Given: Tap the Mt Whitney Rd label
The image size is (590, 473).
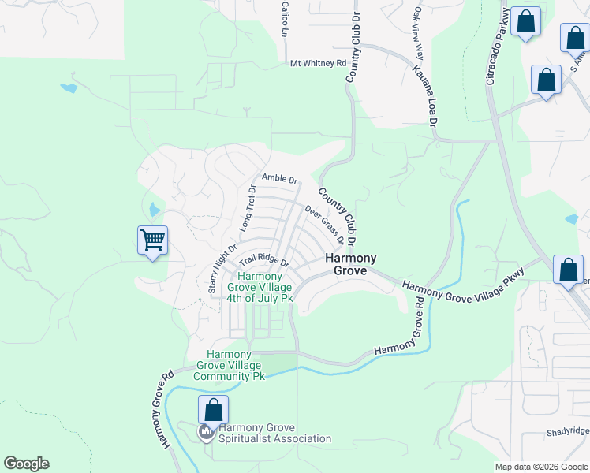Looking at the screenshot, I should (x=318, y=63).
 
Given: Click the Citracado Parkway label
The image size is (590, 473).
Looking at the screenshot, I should (x=495, y=47).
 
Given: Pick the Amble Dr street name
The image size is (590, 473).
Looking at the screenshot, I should (x=279, y=179).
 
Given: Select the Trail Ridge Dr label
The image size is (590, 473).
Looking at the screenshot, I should (x=263, y=259).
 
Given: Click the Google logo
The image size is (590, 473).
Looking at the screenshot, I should (x=26, y=464).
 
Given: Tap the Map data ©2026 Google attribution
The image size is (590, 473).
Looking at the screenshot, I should (x=541, y=467).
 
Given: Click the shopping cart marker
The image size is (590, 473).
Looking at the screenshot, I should (x=152, y=239).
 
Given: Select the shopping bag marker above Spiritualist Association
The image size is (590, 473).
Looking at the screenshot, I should (x=212, y=409).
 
